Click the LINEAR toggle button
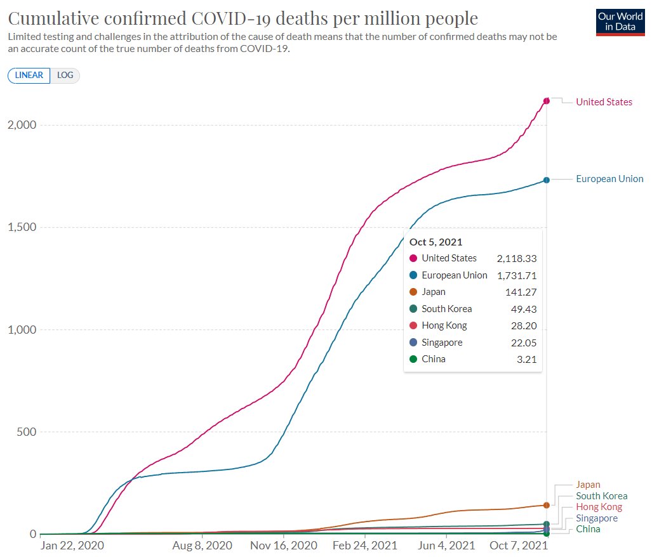point(29,75)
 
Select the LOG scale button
point(65,75)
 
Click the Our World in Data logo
point(620,22)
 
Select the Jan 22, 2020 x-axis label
point(72,545)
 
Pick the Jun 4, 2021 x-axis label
point(446,545)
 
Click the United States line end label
point(604,102)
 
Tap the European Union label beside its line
point(609,179)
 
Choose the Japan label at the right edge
point(588,485)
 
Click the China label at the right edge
point(588,529)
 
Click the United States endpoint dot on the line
point(546,101)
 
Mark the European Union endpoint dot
point(546,180)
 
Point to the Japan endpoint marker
point(546,505)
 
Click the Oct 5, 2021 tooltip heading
point(436,242)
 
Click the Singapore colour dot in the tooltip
point(413,343)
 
